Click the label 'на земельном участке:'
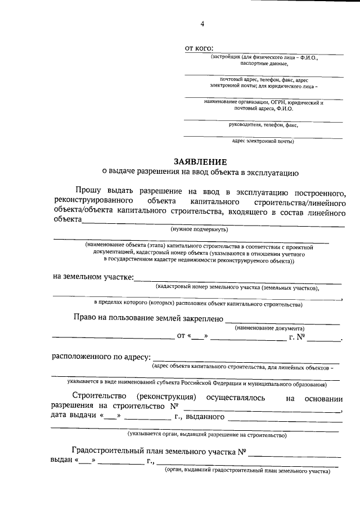click(93, 277)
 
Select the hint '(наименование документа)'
click(270, 328)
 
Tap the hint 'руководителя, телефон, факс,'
click(263, 125)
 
